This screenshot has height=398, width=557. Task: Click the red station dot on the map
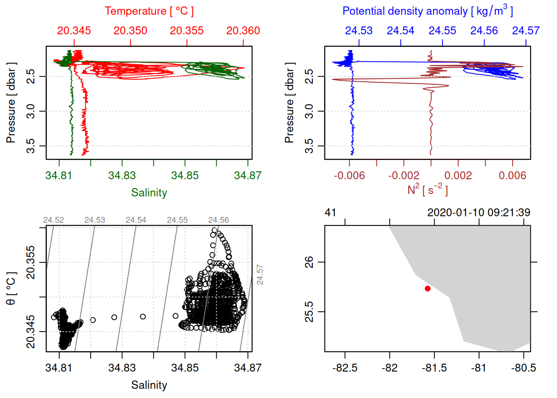click(427, 289)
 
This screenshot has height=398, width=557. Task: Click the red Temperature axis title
click(149, 11)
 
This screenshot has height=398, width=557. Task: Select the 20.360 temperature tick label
click(243, 31)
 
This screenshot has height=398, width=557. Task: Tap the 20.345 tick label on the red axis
click(74, 31)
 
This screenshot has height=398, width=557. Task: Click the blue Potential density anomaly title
click(427, 11)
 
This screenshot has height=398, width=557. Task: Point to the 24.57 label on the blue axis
click(526, 31)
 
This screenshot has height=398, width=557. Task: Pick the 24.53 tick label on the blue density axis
click(358, 31)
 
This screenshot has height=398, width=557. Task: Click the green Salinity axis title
click(149, 193)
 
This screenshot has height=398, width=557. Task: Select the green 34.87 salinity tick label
click(247, 175)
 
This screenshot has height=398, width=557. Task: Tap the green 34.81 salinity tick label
click(59, 175)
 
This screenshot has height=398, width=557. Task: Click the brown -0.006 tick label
click(349, 175)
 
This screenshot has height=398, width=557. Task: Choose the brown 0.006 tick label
click(512, 175)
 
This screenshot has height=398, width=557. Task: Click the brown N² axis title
click(427, 189)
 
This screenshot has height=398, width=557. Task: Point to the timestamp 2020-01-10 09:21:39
click(478, 213)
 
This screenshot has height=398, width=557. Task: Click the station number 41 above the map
click(330, 213)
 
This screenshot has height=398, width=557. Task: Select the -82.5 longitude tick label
click(345, 368)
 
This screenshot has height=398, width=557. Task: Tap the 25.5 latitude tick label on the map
click(309, 311)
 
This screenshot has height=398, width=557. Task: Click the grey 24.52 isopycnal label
click(53, 220)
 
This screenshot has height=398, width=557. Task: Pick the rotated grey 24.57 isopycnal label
click(260, 274)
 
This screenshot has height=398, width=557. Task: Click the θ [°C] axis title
click(11, 289)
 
